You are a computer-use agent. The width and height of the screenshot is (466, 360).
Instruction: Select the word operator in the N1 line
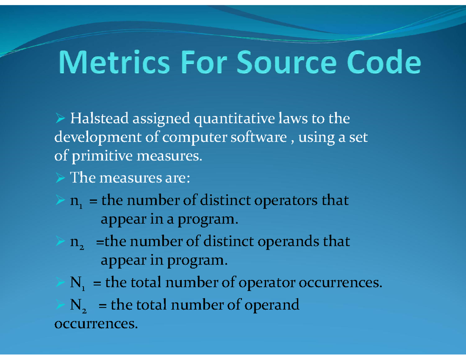tap(266, 283)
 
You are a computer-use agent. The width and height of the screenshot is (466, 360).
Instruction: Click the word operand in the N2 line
tap(272, 304)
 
